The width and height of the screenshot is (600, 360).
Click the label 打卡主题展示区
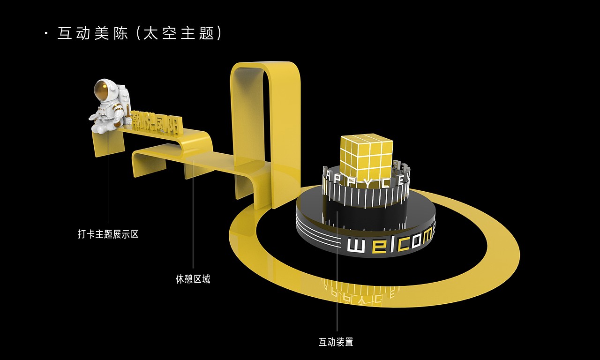pos(108,234)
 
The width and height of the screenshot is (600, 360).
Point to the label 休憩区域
pos(193,279)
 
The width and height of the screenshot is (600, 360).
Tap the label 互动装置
pos(336,342)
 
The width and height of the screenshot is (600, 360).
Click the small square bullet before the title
pos(46,33)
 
